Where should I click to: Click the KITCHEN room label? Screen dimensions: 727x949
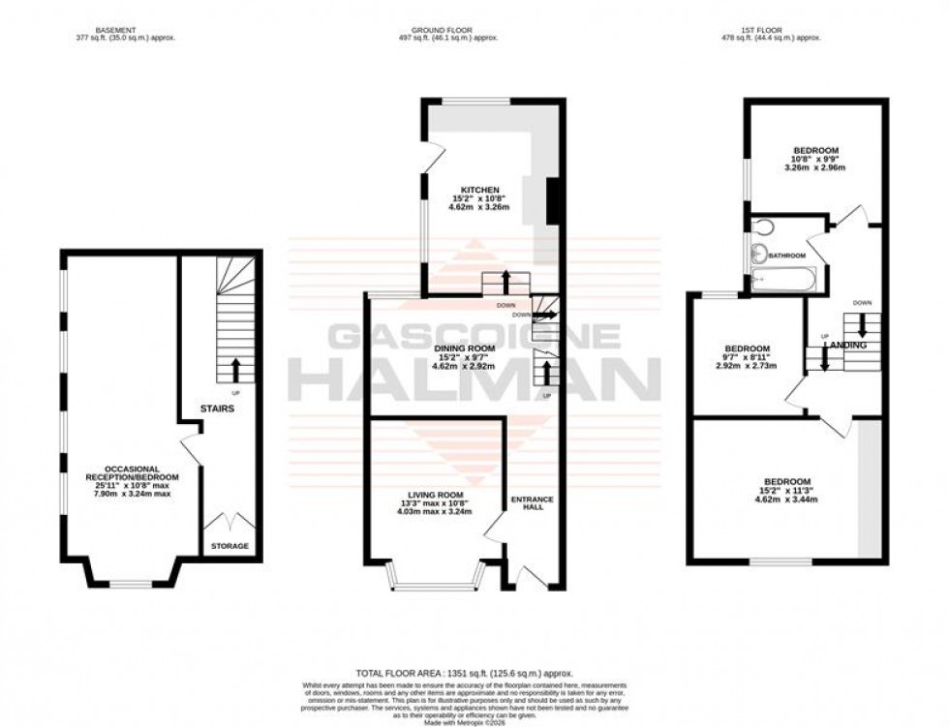coord(480,190)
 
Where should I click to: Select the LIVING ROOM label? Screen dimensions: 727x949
coord(435,494)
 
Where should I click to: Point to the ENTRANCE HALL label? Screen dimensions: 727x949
coord(533,504)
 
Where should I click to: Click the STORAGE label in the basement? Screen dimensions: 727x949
coord(230,546)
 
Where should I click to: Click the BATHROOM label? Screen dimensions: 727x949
coord(787,256)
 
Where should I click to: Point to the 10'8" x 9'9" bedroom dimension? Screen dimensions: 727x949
coord(815,159)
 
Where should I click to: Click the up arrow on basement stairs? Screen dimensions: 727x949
coord(235,368)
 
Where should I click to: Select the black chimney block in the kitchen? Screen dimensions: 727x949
coord(555,201)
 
